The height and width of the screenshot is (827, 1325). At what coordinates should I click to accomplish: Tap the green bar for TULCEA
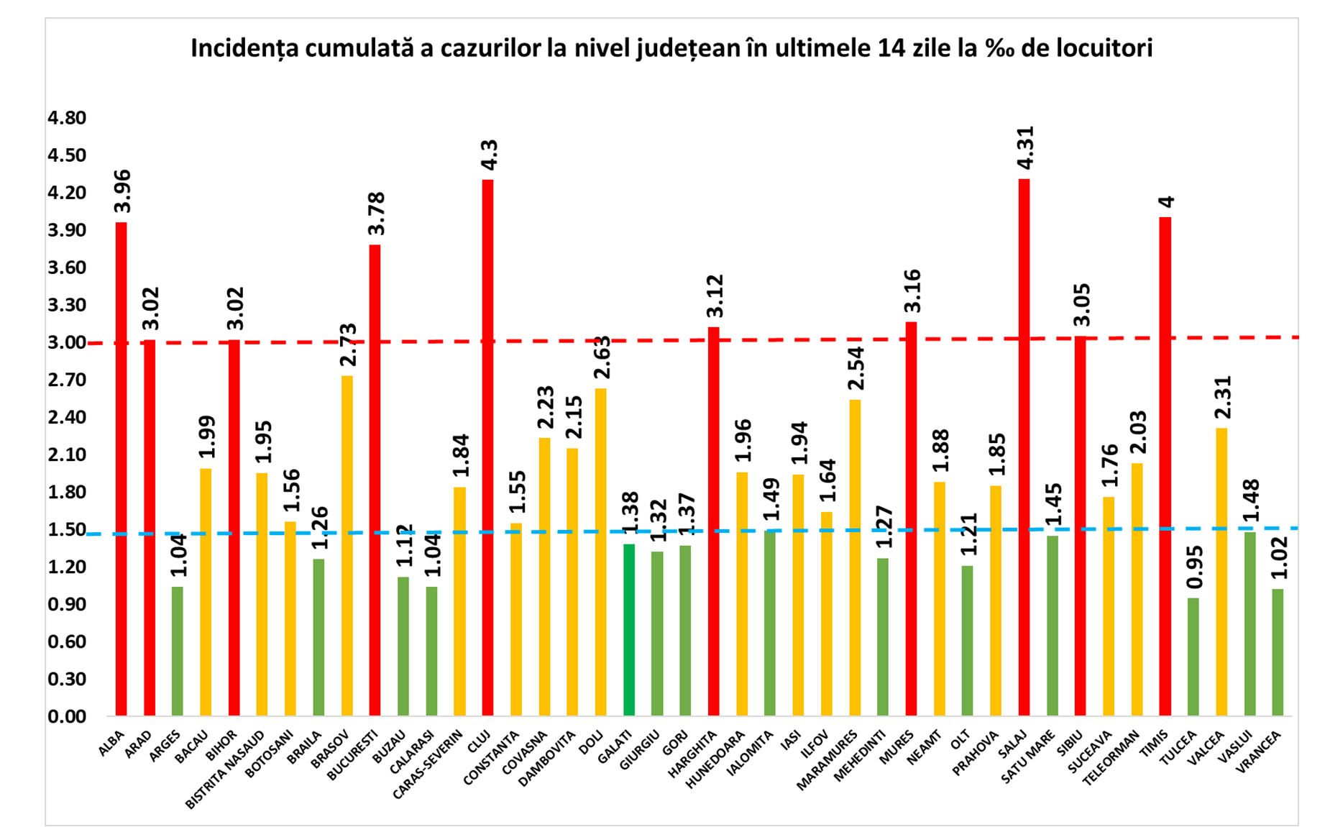click(x=1193, y=657)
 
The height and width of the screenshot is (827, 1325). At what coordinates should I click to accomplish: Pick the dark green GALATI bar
click(x=629, y=630)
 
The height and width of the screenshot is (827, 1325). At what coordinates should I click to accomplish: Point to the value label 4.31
click(x=1025, y=148)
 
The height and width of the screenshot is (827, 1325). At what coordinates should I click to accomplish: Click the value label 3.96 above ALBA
click(x=123, y=191)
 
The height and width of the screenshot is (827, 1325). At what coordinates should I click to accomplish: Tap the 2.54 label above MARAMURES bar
click(x=856, y=368)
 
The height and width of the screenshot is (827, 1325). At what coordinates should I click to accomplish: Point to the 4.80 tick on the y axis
click(x=67, y=118)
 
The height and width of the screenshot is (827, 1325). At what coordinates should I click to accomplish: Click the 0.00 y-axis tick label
click(x=67, y=716)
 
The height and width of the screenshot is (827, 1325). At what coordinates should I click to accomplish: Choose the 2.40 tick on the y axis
click(x=67, y=417)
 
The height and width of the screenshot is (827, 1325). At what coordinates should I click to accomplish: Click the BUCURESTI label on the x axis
click(x=352, y=755)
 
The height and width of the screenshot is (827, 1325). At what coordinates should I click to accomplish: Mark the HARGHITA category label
click(x=692, y=754)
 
